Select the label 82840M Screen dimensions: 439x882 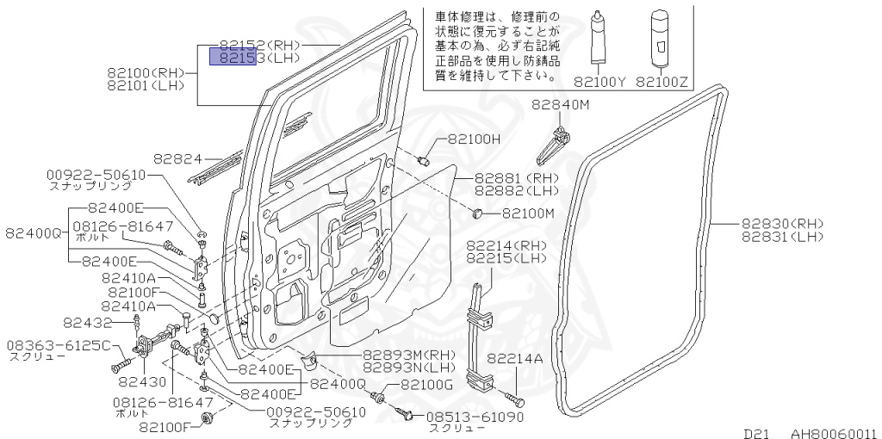[x=560, y=104]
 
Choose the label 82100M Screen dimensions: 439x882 [x=528, y=213]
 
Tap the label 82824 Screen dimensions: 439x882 [x=177, y=159]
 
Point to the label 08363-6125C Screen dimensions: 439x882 [x=59, y=345]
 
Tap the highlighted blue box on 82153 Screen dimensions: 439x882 [x=233, y=59]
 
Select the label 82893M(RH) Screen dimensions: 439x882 [x=408, y=354]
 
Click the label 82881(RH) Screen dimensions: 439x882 [x=517, y=178]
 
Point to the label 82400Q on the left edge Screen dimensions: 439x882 [x=34, y=232]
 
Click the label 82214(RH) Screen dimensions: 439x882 [x=507, y=245]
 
